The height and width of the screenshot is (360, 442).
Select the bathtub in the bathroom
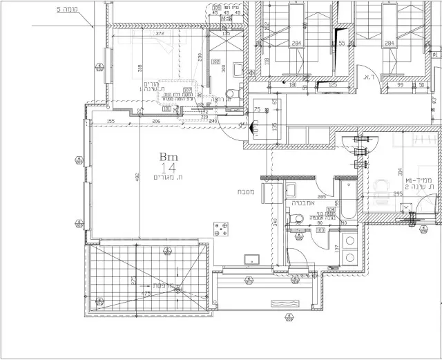343,202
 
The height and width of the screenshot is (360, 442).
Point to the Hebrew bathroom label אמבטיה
304,204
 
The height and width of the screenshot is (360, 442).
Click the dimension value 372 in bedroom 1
160,34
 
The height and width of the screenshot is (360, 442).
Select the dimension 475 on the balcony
146,294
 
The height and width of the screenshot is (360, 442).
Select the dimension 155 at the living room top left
110,121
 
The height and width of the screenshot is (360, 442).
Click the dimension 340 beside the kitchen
276,222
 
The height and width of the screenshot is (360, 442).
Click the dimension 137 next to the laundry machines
336,247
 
